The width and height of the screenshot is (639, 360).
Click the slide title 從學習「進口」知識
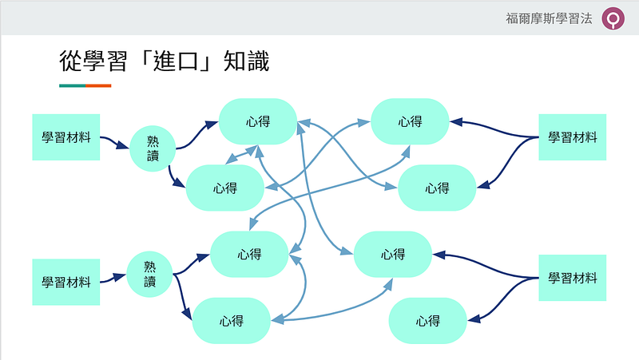pos(164,61)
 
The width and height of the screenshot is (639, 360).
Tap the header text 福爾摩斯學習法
pos(550,18)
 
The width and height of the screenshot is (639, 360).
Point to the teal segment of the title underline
pos(72,85)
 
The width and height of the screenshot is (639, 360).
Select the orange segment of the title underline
pos(98,85)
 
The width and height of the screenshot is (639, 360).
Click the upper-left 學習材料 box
pos(66,136)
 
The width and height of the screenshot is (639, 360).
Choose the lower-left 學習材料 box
pos(66,282)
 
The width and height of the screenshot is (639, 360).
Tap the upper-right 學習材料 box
pos(572,136)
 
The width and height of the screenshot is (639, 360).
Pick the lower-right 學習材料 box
pos(572,278)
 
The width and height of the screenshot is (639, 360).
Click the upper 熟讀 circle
pos(153,148)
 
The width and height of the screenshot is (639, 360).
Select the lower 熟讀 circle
pos(150,274)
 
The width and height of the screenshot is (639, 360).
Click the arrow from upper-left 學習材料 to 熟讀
pos(115,143)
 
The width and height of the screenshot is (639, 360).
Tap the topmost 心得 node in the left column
pos(257,121)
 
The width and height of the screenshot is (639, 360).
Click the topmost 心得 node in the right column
pos(410,121)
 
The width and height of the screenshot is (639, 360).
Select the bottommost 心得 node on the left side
pos(231,320)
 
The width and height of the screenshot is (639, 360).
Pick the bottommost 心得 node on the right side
pos(427,320)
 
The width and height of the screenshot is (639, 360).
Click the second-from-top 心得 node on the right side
pos(436,188)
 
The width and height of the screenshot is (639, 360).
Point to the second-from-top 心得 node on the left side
pos(225,188)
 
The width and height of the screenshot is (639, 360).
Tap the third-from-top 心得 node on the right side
pos(392,254)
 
